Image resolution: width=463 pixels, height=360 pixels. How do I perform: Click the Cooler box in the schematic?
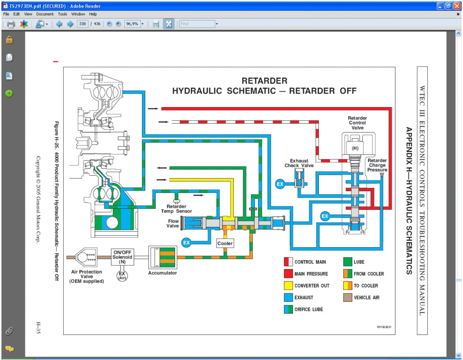[x=225, y=243]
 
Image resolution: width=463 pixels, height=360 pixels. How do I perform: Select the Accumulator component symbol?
[x=162, y=257]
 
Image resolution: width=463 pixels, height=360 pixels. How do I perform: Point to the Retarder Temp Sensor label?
[x=176, y=209]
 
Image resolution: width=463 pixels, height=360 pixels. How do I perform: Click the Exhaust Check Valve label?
[x=299, y=163]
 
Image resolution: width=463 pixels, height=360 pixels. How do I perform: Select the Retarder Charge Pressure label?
[x=377, y=165]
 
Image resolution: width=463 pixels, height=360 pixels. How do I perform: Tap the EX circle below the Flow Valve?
[x=186, y=243]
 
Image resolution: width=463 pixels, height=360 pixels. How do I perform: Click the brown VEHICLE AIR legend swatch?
[x=347, y=297]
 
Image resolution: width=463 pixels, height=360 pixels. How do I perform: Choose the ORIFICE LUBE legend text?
[x=309, y=309]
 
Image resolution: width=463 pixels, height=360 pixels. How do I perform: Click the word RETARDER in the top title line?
[x=264, y=81]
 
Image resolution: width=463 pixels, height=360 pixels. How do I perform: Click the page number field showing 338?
[x=82, y=24]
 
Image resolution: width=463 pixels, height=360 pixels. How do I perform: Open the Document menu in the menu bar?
[x=45, y=14]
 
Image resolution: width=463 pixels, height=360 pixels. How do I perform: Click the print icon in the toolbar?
[x=11, y=24]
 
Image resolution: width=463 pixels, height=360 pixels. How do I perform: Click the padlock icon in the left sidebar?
[x=9, y=40]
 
